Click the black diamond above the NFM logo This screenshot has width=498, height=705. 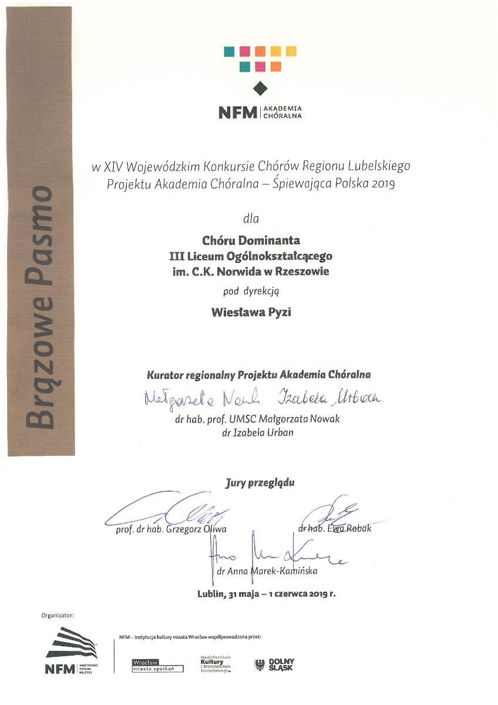click(260, 89)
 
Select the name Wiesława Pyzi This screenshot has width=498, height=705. click(251, 312)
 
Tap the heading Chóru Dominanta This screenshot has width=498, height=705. click(251, 240)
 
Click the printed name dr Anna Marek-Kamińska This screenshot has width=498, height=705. click(268, 570)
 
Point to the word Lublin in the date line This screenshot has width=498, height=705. click(211, 593)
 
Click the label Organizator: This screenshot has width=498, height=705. click(58, 616)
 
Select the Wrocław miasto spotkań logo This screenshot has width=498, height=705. click(154, 665)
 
